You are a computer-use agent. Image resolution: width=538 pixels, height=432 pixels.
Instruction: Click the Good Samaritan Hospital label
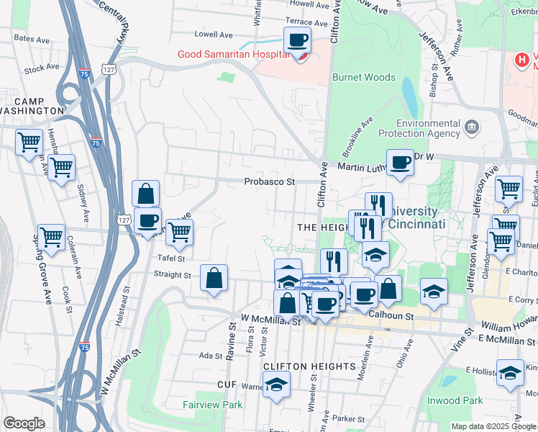click(x=235, y=55)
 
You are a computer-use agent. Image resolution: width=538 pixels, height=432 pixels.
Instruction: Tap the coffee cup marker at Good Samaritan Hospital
click(x=296, y=41)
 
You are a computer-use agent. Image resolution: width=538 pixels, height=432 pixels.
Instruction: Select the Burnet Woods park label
click(x=363, y=77)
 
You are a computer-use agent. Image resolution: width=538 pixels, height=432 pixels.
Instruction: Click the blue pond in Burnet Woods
click(x=409, y=93)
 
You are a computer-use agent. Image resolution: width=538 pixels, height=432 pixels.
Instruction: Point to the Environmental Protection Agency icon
click(x=472, y=128)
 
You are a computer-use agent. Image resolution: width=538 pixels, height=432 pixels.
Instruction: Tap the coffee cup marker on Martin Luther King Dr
click(x=400, y=163)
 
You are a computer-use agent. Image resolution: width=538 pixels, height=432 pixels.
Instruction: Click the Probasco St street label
click(x=269, y=182)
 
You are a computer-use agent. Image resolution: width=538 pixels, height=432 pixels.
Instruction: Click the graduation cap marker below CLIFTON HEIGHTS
click(x=276, y=386)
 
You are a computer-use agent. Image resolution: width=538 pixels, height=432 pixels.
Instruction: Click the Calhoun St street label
click(x=393, y=315)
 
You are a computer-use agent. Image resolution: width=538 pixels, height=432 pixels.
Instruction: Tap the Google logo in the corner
click(x=24, y=423)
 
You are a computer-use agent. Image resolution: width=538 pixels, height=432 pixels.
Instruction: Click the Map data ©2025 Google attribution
click(x=493, y=426)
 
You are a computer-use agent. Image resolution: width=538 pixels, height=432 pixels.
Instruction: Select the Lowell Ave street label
click(x=214, y=34)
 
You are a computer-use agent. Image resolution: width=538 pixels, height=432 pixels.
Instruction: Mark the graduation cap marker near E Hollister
click(x=510, y=374)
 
